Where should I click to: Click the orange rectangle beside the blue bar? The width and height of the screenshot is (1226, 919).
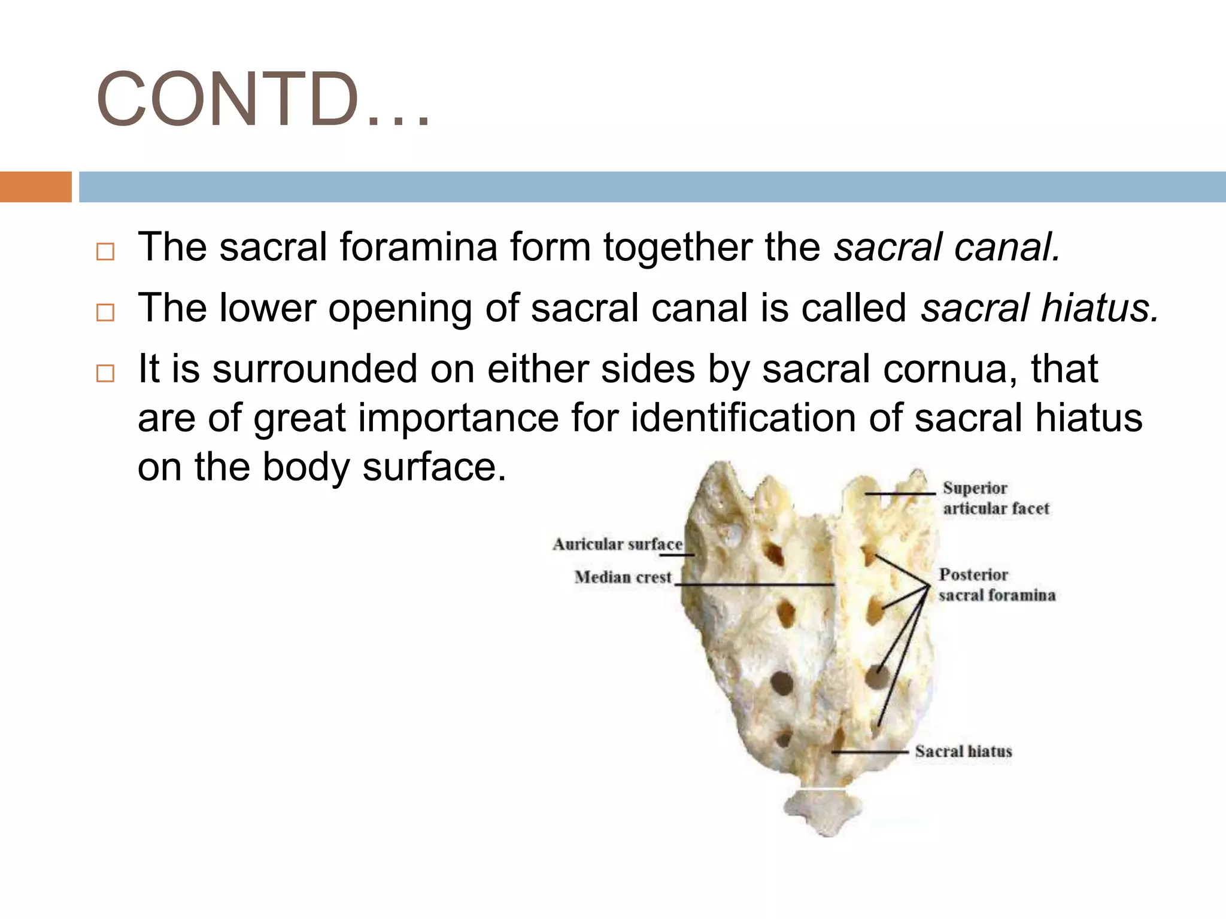click(35, 187)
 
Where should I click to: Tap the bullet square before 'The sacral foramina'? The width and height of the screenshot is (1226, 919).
click(105, 251)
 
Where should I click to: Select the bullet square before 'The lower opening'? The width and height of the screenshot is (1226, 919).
click(105, 312)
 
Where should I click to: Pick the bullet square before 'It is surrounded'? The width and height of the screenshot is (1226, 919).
click(105, 373)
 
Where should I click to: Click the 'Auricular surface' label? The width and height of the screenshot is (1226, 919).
click(617, 544)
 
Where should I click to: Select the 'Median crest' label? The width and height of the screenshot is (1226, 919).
click(623, 577)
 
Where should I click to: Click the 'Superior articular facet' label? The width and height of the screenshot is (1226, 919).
click(995, 498)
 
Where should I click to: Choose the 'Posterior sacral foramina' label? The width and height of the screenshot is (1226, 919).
click(996, 585)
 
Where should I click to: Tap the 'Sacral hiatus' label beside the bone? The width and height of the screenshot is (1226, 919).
click(963, 751)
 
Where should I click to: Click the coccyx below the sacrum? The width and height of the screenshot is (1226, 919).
click(821, 811)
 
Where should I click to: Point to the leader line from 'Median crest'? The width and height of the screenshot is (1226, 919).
click(754, 585)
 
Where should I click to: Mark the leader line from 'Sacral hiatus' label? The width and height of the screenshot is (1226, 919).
click(871, 751)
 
